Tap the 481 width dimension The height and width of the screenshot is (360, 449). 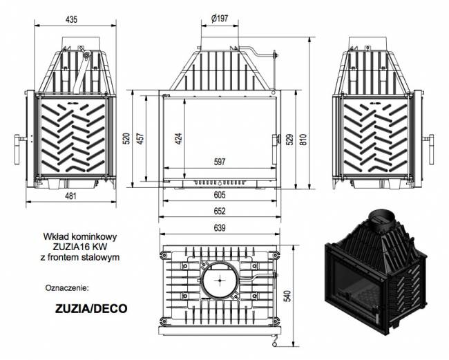(x=70, y=196)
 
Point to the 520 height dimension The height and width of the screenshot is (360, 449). (x=126, y=138)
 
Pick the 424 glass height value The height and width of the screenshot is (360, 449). (x=179, y=138)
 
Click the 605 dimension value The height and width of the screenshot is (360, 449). (x=219, y=196)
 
